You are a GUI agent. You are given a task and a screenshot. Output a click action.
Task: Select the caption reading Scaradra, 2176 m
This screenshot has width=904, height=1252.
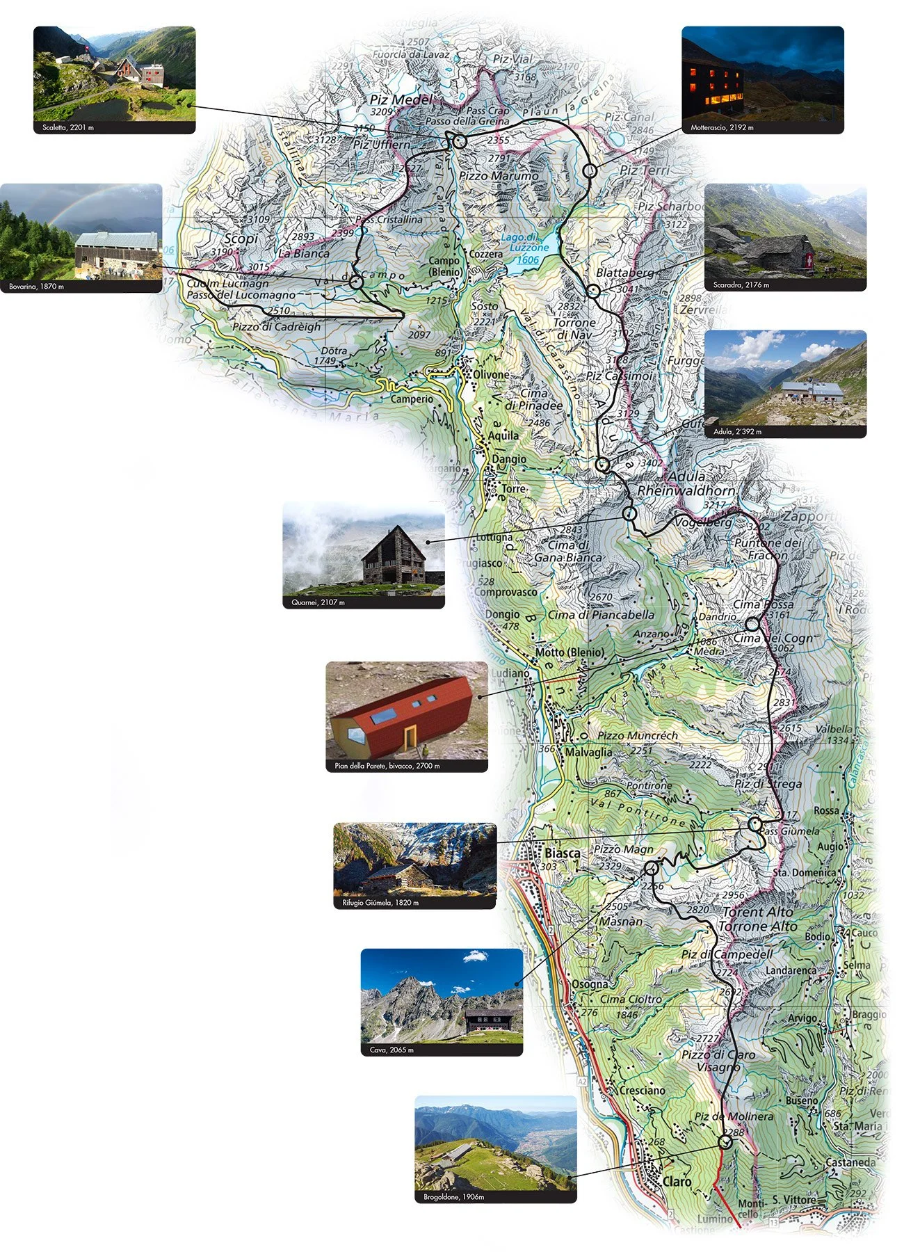point(741,285)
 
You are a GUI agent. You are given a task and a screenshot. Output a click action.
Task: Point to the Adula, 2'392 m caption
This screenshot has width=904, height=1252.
point(737,432)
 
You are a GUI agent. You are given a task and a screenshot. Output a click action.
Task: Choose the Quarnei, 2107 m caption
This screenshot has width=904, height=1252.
point(318,602)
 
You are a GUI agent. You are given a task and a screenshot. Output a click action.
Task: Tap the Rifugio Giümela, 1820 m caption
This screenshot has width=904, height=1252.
point(380,903)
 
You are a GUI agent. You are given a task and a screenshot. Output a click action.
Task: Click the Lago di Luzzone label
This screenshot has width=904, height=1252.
point(528,243)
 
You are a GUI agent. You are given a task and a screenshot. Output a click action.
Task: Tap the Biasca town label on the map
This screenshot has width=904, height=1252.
point(562,853)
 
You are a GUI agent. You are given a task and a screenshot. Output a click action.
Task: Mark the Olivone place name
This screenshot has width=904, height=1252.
point(491,375)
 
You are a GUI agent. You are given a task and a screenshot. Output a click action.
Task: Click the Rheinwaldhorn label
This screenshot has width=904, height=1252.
point(686,490)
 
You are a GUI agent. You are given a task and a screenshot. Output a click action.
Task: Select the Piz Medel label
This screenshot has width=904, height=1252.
point(401,99)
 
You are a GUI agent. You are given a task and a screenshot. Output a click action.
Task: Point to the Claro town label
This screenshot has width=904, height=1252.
point(677,1181)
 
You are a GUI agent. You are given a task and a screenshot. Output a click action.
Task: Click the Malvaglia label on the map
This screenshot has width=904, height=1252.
point(588,752)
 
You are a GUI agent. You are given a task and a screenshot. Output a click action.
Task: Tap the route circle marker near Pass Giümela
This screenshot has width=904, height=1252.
point(755,824)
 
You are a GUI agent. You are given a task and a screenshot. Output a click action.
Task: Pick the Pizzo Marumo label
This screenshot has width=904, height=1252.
point(499,176)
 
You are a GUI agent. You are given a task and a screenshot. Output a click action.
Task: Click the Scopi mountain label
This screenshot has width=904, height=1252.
point(241,238)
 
